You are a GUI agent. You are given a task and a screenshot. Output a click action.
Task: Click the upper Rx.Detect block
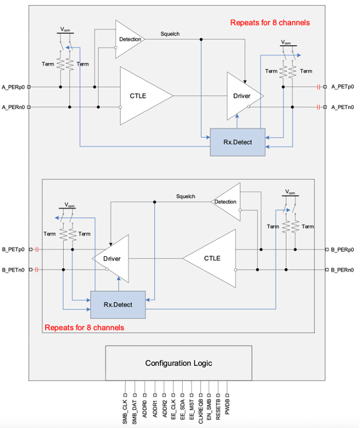pos(237,142)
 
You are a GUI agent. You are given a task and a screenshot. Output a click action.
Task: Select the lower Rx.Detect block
pos(118,305)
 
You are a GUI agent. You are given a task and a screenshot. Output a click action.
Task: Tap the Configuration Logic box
pos(178,363)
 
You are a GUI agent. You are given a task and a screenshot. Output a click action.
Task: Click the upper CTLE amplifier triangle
pos(142,96)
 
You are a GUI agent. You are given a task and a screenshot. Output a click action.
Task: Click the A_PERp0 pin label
pos(13,87)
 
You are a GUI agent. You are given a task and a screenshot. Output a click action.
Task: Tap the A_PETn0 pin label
pos(342,107)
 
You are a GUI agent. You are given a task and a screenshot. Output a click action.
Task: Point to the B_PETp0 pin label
pos(13,249)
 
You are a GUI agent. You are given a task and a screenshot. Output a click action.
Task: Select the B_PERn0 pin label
pos(342,270)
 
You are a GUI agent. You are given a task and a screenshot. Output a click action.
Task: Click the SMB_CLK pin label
pos(125,412)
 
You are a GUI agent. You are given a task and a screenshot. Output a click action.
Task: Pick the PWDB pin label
pos(227,407)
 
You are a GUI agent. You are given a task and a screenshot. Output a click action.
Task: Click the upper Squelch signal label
pos(170,34)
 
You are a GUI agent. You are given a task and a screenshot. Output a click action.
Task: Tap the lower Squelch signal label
pos(186,196)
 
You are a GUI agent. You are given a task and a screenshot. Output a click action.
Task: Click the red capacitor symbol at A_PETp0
pos(318,87)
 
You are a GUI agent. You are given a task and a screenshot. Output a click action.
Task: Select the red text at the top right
pos(270,23)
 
